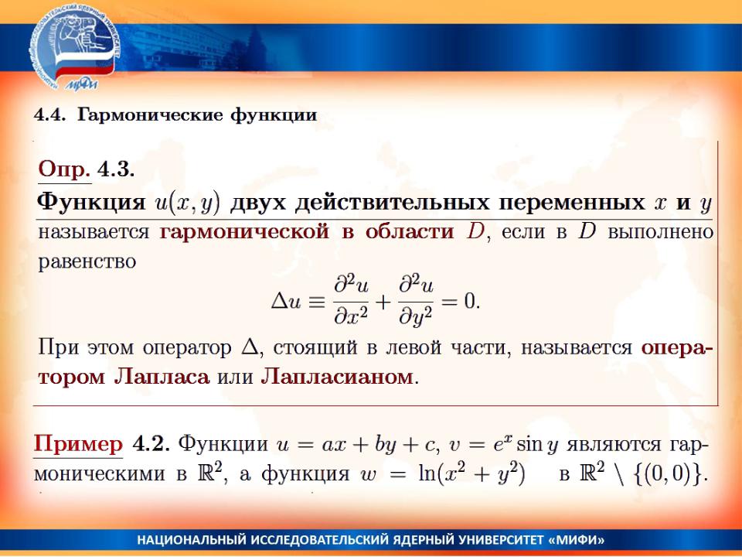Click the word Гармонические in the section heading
click(149, 115)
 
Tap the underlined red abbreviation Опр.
click(64, 169)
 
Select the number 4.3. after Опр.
click(116, 169)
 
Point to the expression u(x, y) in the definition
click(188, 203)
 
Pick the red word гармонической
click(245, 232)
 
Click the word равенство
click(87, 261)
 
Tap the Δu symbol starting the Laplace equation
click(286, 302)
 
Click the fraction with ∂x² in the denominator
click(351, 301)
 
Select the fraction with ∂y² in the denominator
click(416, 302)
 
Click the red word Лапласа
click(162, 378)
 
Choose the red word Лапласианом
click(337, 378)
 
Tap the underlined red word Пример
click(78, 445)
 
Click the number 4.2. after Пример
click(151, 444)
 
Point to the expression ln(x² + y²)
click(471, 473)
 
